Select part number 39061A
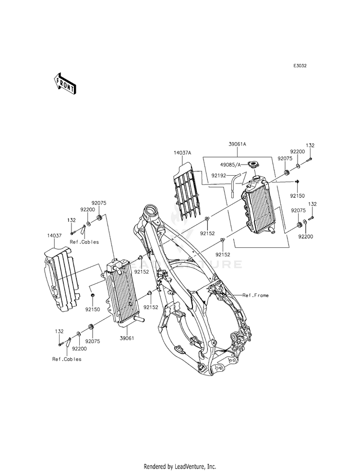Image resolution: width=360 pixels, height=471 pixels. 238,144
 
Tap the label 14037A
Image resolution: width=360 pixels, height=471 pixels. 182,153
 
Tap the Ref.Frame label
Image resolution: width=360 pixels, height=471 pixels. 256,295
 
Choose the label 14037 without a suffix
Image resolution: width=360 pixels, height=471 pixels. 54,236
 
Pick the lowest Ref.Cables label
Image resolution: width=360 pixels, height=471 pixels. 67,359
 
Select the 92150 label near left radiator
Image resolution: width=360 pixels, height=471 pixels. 92,309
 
